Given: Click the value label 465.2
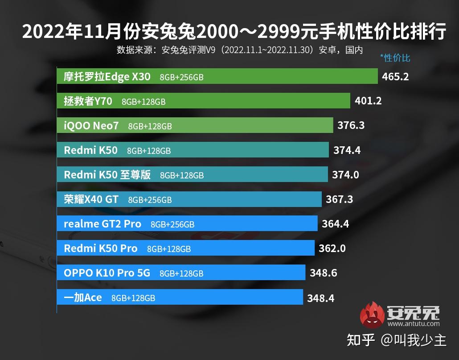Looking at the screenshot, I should (395, 76).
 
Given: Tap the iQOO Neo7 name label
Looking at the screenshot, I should (91, 126).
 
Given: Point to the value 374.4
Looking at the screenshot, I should (347, 150).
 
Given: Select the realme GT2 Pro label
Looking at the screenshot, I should (102, 224).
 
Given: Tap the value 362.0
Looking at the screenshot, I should (332, 248).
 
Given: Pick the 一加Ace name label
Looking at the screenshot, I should (83, 298).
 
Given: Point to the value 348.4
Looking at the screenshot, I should (320, 298).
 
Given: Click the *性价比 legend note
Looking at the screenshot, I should (395, 58).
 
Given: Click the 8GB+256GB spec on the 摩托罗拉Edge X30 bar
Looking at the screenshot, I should (181, 77).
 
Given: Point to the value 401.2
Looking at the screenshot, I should (368, 101).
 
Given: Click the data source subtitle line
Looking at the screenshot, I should (240, 50).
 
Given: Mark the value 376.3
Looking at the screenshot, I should (351, 126).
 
